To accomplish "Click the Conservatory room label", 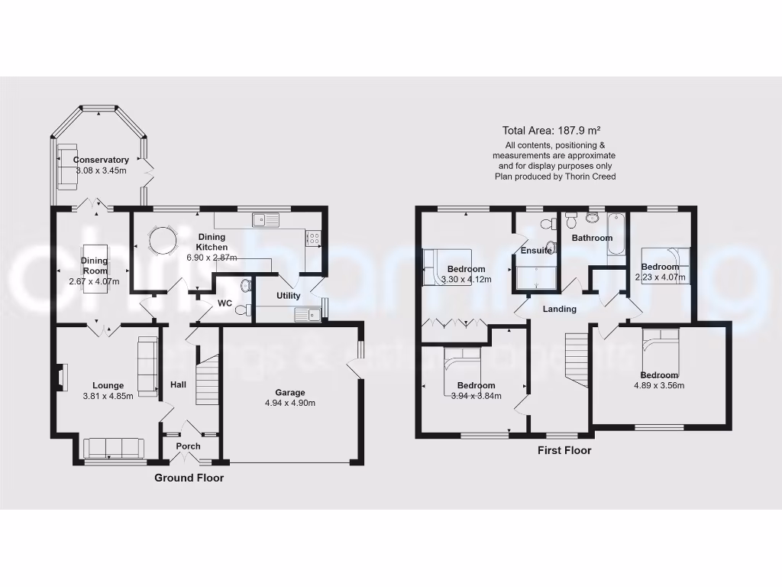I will point(101,160).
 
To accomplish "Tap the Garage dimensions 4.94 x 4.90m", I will point(290,403).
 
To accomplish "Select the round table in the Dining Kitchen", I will point(161,241).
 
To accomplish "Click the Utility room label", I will point(289,296).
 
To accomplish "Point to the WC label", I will point(225,303).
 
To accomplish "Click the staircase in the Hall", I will point(207,379).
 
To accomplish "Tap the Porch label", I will point(188,446).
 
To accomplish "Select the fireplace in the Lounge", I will point(63,376).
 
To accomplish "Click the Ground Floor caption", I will point(189,478).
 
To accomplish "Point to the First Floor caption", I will point(564,450).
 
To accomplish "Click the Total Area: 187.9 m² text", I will point(555,130).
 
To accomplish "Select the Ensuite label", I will point(536,251).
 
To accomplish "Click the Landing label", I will point(560,309).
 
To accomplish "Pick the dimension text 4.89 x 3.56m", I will point(658,385).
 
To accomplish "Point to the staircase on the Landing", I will point(577,358).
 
